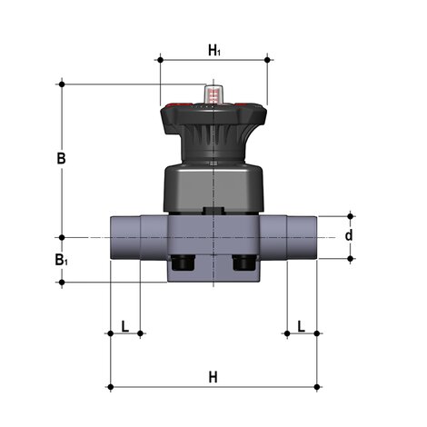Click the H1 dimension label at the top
pos(214,51)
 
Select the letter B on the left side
pos(61,158)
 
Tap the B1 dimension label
pos(61,261)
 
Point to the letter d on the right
pos(348,236)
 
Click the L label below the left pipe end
pos(124,324)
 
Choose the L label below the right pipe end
pos(302,324)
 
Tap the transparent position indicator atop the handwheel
pos(214,94)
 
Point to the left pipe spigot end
pos(124,238)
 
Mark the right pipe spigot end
pos(303,238)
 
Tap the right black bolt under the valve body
pos(244,264)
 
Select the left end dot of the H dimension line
pos(110,388)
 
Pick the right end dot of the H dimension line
pos(318,388)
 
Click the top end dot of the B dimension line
pos(62,84)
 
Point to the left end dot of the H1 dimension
pos(160,60)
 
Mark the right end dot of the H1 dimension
pos(268,60)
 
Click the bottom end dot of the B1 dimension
pos(62,282)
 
